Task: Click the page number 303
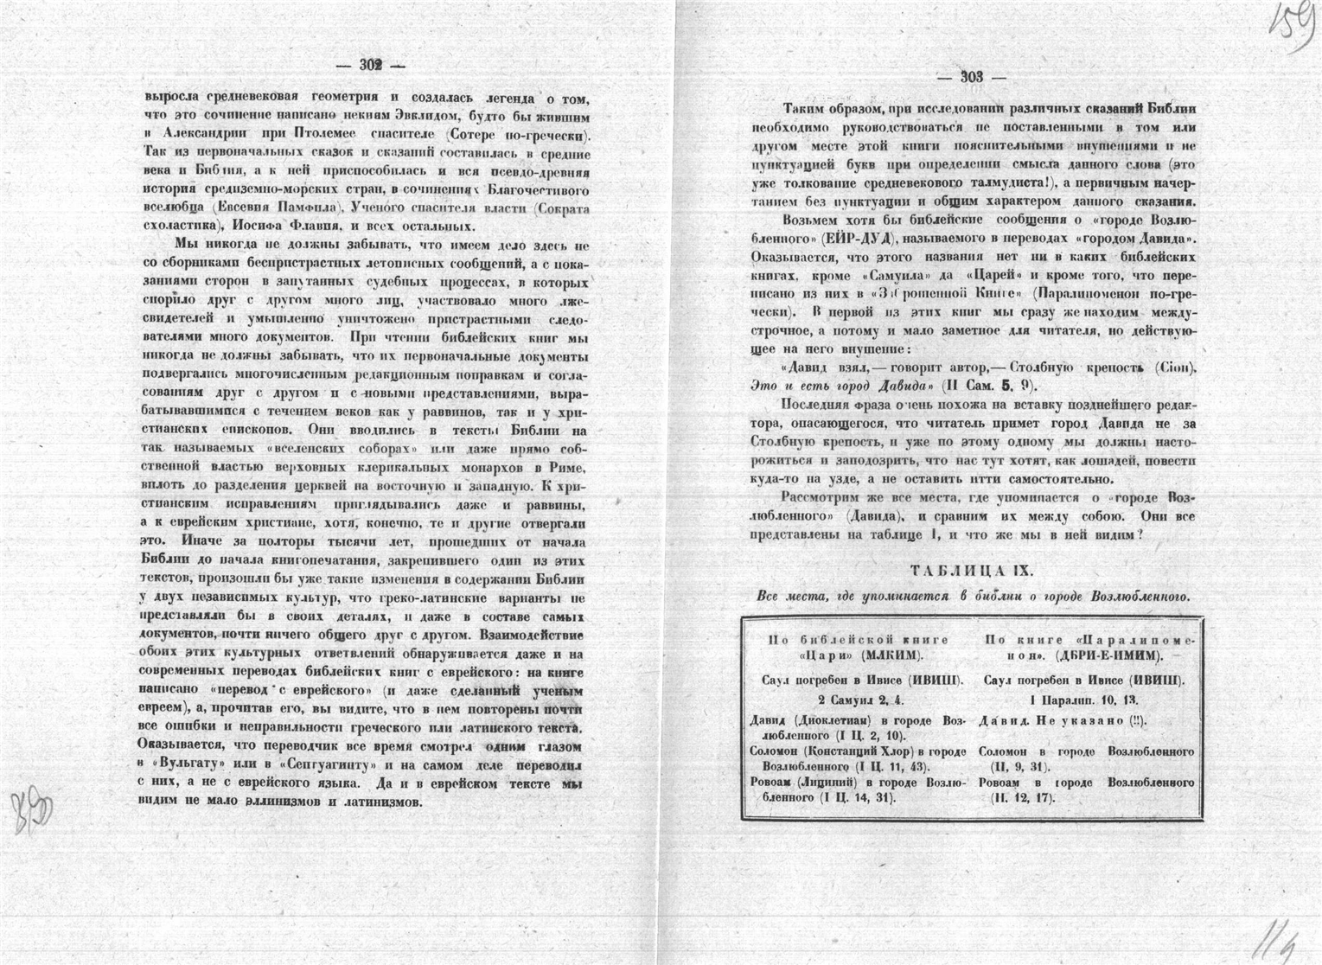(x=972, y=78)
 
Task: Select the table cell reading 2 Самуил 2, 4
(x=859, y=700)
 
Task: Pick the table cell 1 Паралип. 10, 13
(x=1084, y=700)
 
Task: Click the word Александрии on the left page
(x=204, y=135)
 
